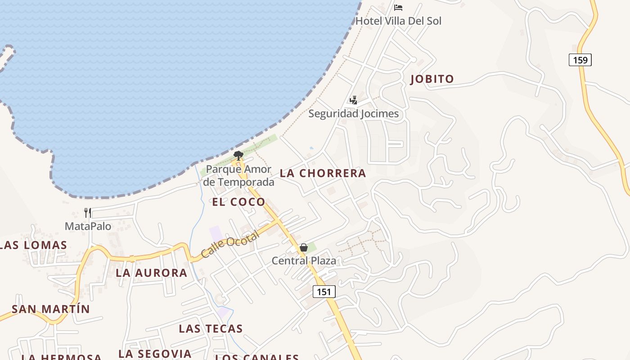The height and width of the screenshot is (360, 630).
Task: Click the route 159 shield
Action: click(x=580, y=60)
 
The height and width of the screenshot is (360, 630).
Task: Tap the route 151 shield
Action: click(x=324, y=292)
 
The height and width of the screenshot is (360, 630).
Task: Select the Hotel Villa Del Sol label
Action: click(x=398, y=21)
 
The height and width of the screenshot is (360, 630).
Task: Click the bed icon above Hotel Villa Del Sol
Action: click(x=398, y=7)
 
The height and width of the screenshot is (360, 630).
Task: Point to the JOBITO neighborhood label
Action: click(x=432, y=79)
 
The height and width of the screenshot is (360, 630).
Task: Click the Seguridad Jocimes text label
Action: click(x=353, y=114)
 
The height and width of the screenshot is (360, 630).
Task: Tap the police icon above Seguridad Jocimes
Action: click(x=354, y=100)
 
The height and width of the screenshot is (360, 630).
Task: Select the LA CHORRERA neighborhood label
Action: click(x=323, y=173)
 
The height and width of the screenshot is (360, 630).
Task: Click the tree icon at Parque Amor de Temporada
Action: click(x=238, y=156)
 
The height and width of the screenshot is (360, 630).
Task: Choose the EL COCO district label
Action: click(x=238, y=202)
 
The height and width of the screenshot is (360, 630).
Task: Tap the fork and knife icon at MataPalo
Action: click(x=88, y=212)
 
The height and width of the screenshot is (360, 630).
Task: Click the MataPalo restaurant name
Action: click(x=88, y=226)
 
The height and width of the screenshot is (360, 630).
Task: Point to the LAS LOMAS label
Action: click(x=34, y=245)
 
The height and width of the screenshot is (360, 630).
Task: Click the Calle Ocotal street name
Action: click(x=230, y=244)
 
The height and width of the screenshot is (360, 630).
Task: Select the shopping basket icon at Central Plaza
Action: click(x=304, y=247)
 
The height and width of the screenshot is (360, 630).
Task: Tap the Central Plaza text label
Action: click(x=304, y=261)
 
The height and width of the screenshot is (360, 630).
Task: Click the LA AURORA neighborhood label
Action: click(x=151, y=273)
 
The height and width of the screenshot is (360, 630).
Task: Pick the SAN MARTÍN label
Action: click(x=51, y=309)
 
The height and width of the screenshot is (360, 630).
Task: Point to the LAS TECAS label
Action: click(x=211, y=328)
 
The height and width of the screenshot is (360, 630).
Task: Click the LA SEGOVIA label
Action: click(x=155, y=354)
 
